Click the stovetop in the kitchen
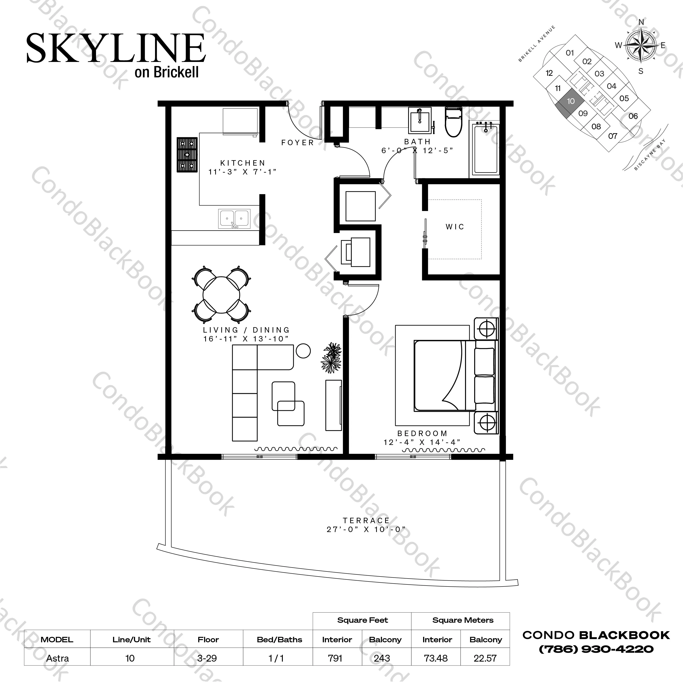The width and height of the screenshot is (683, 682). (x=187, y=155)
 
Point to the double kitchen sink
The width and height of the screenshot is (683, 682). (x=234, y=219)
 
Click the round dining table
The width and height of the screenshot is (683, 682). (x=221, y=295)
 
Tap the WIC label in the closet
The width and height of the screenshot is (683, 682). (x=455, y=227)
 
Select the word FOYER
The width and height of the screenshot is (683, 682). (x=297, y=142)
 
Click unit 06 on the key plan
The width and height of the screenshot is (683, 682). (x=633, y=116)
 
